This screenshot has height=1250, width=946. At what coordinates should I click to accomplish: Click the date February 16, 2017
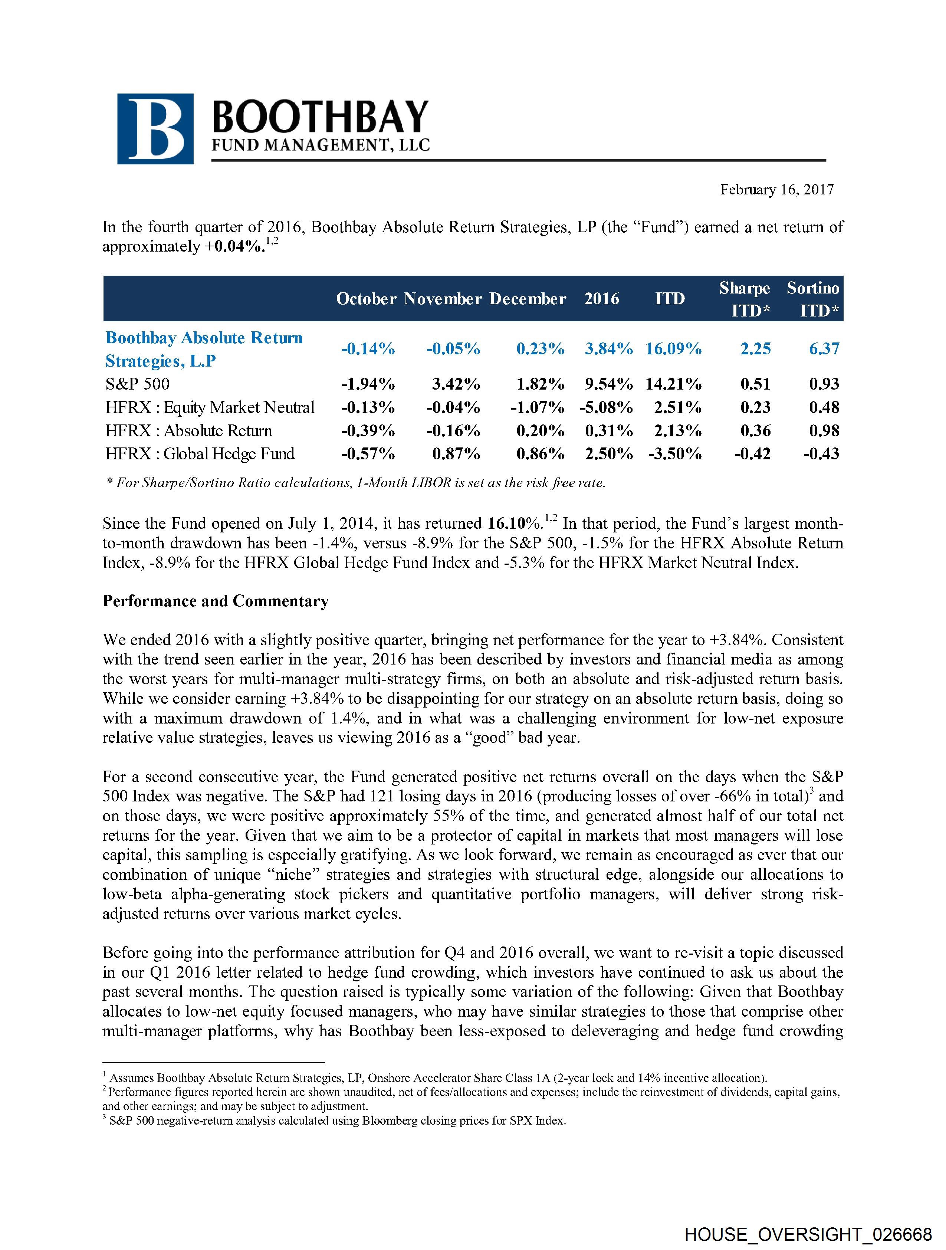(x=776, y=190)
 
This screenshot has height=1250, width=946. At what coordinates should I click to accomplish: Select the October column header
(x=366, y=299)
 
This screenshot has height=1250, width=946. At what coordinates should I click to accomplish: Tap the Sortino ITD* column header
(x=813, y=299)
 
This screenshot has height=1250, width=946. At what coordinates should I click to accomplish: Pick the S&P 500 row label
(x=137, y=384)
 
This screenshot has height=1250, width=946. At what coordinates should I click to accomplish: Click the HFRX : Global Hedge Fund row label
(x=200, y=454)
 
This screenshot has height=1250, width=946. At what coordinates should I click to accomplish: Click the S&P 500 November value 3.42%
(x=456, y=384)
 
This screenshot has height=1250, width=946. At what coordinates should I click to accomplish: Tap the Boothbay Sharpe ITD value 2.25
(x=756, y=349)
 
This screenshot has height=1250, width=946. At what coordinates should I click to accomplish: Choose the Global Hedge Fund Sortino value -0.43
(x=821, y=454)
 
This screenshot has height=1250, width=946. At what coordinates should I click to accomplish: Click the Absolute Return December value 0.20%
(x=540, y=431)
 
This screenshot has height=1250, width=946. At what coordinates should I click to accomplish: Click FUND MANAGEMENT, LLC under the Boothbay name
(x=320, y=146)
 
